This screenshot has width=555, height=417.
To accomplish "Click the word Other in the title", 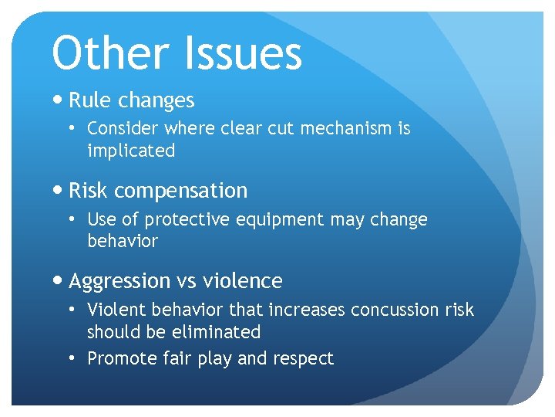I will tap(108, 53).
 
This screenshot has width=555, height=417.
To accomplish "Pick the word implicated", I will tap(131, 151).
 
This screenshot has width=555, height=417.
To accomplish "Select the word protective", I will tap(181, 219).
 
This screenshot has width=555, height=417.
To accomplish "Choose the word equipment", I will tap(288, 219).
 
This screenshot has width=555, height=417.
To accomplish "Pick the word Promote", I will tap(119, 358).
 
